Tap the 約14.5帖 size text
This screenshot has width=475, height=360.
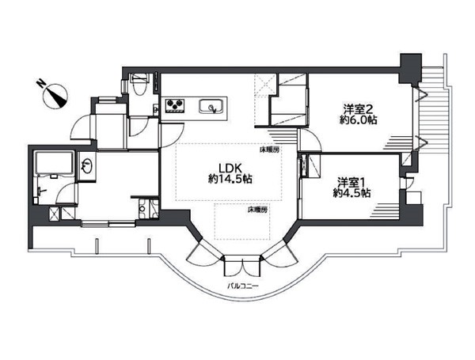coord(230,180)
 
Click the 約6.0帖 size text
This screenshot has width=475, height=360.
coord(358,120)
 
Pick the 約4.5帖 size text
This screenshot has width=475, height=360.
coord(352,193)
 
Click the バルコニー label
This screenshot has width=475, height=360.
coord(243,286)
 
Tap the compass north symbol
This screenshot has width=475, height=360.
coord(56,96)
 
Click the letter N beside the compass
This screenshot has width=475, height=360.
coord(40,82)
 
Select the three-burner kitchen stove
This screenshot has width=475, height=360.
coord(175,104)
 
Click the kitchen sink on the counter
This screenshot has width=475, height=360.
coord(211,107)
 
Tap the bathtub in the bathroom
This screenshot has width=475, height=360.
coord(55,163)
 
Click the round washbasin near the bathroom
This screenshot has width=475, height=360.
coord(86,166)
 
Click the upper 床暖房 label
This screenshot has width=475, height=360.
coord(269,150)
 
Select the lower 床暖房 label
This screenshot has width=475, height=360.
coord(257,210)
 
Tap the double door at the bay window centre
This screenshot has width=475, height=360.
coord(242,266)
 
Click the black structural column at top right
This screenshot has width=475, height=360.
coord(410,68)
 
